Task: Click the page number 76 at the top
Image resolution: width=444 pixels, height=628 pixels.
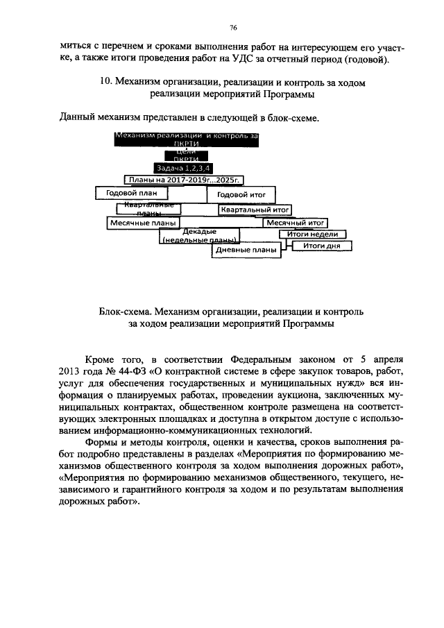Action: point(233,28)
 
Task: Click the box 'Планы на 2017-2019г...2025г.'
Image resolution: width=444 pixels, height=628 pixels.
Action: point(185,180)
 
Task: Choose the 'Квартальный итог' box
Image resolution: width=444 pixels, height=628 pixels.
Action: point(254,209)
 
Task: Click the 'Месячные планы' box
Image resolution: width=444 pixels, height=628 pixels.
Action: point(142,223)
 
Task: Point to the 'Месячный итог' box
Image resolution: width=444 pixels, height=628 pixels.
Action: point(295,223)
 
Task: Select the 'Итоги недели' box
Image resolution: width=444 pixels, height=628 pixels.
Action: point(312,235)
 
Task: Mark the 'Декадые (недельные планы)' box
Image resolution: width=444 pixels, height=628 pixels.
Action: point(199,235)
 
